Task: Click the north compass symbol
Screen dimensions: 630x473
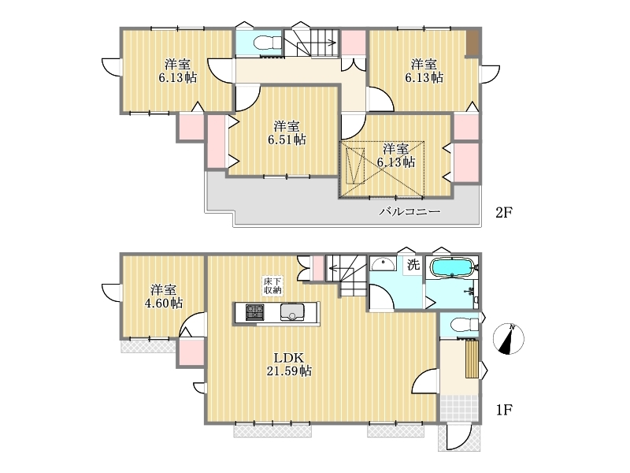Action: click(x=508, y=339)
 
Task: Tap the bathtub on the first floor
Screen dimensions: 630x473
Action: click(x=453, y=267)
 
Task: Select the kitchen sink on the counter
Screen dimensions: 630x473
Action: click(x=292, y=312)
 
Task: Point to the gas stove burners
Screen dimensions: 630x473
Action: click(x=254, y=312)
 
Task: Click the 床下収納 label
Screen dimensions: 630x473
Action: click(x=272, y=285)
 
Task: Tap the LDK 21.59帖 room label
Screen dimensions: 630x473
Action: click(x=289, y=364)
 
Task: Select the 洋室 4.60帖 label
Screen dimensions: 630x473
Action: click(x=164, y=296)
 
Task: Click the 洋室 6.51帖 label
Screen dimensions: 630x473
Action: click(x=287, y=132)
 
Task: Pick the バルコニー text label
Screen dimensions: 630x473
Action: click(x=409, y=211)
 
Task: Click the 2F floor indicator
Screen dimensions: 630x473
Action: click(x=504, y=212)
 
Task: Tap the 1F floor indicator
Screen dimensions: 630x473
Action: click(x=504, y=409)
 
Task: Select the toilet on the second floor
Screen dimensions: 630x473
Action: click(x=269, y=43)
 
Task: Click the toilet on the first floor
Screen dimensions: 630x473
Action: click(x=465, y=324)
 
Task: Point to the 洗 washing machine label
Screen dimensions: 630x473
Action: click(x=413, y=264)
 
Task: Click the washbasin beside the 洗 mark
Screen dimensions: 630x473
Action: click(x=383, y=264)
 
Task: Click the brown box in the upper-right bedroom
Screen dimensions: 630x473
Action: click(x=472, y=43)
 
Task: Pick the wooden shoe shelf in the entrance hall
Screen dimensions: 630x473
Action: click(x=472, y=359)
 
